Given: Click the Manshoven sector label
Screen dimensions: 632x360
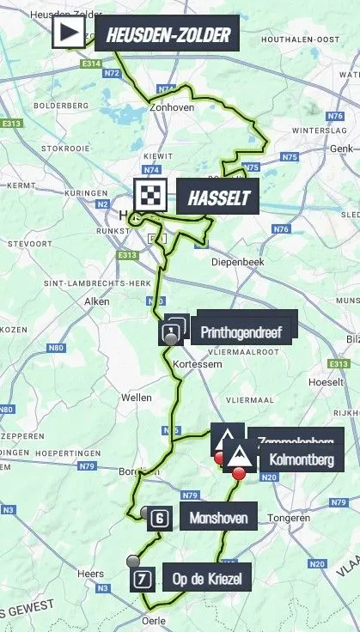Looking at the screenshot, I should click(x=220, y=519).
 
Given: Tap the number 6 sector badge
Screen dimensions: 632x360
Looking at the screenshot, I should click(x=159, y=518).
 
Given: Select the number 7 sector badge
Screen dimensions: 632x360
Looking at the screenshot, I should click(x=143, y=580).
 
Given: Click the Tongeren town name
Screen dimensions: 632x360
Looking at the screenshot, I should click(x=288, y=519).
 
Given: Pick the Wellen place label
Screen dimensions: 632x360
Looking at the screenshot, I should click(x=137, y=398).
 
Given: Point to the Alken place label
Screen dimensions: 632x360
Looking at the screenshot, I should click(x=95, y=301).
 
